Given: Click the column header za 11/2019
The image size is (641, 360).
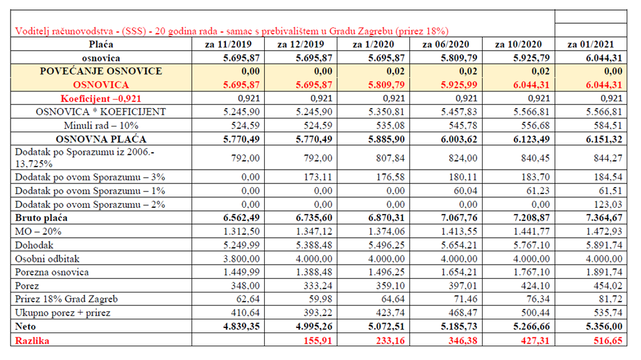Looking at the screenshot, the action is click(x=228, y=44).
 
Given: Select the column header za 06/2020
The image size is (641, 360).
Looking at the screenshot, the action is click(x=446, y=44).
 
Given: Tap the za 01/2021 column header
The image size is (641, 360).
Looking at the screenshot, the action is click(x=591, y=44).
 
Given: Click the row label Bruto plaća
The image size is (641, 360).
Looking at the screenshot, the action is click(x=41, y=218).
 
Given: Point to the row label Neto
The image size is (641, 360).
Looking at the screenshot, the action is click(x=25, y=326).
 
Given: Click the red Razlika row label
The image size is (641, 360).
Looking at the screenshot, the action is click(x=32, y=341).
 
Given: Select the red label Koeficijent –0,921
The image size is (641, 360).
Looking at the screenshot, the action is click(x=101, y=98).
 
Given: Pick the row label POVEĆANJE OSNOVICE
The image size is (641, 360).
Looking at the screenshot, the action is click(x=101, y=71).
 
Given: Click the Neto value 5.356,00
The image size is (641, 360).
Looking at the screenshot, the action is click(x=604, y=326).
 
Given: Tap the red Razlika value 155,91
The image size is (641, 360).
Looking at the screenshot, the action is click(x=317, y=341).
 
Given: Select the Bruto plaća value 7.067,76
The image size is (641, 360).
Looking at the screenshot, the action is click(x=459, y=218).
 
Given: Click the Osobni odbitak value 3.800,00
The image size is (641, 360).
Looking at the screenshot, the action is click(x=241, y=259).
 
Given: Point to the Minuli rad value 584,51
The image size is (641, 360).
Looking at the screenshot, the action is click(x=608, y=126).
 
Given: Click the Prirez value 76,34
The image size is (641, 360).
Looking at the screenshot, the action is click(x=538, y=299).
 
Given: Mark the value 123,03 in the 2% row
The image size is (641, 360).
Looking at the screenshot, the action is click(x=608, y=204).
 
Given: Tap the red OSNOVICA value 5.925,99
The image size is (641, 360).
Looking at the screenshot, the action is click(x=459, y=85).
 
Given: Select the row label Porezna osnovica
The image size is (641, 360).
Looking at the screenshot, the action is click(x=52, y=272).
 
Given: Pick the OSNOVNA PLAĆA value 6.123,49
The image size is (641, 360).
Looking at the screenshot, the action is click(x=531, y=139).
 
